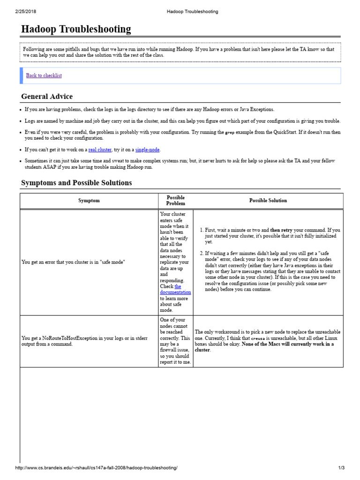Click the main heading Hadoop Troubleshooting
tap(76, 30)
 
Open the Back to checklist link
tap(44, 75)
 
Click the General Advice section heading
tap(47, 97)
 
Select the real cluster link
tap(100, 150)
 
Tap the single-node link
tap(148, 150)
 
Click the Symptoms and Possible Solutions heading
tap(76, 183)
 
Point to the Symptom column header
tap(89, 201)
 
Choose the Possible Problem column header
tap(176, 201)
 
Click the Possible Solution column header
tap(268, 201)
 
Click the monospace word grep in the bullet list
tap(230, 133)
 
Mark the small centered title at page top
tap(193, 11)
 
